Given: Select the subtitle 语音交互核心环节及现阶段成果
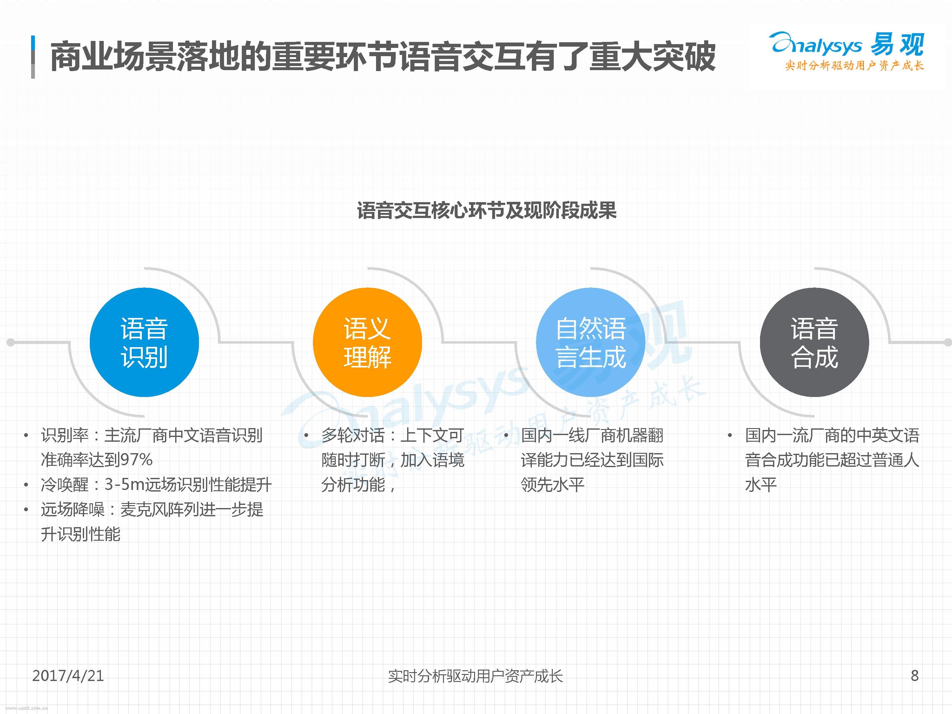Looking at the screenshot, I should [x=487, y=211].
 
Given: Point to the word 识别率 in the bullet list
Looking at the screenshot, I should [x=64, y=436].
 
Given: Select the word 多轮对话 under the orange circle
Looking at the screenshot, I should [x=353, y=436].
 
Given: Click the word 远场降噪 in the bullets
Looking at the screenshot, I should [x=72, y=510].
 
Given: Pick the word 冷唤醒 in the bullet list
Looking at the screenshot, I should [x=64, y=485].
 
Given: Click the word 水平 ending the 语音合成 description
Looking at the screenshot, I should [x=760, y=485].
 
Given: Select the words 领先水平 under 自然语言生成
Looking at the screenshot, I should [x=552, y=485].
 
